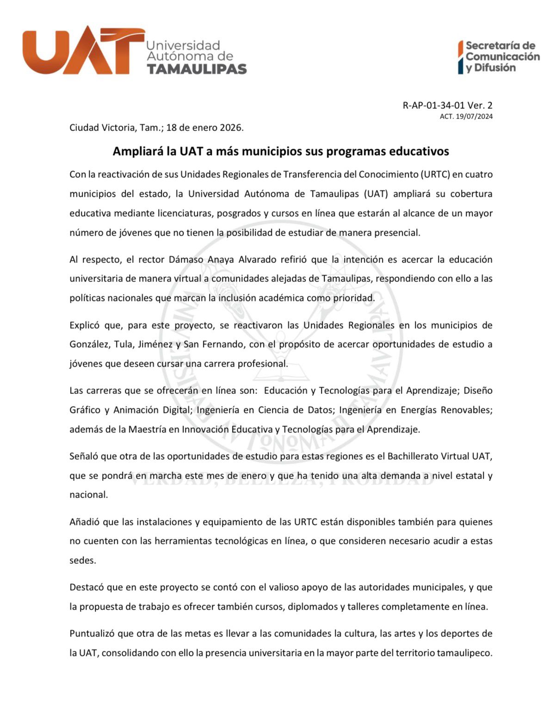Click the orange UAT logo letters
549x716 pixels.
pyautogui.click(x=83, y=51)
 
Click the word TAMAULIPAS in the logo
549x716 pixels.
pyautogui.click(x=197, y=69)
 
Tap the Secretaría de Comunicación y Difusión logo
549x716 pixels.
pyautogui.click(x=499, y=57)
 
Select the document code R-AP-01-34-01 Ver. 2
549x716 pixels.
pyautogui.click(x=447, y=105)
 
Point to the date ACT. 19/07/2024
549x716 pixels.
pyautogui.click(x=466, y=116)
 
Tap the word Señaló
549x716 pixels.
pyautogui.click(x=84, y=456)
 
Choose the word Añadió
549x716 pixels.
pyautogui.click(x=85, y=522)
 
